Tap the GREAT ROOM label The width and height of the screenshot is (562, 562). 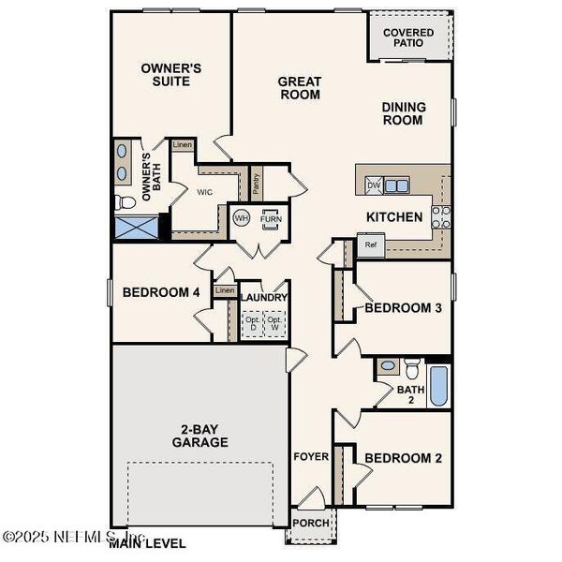[300, 88]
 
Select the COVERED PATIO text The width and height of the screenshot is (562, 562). [408, 37]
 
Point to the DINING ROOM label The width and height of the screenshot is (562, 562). [404, 113]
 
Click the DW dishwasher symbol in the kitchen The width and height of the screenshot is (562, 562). [374, 185]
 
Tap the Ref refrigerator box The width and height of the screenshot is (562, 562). [371, 246]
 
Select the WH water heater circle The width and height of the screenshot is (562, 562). [241, 218]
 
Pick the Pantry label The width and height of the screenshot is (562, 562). [256, 182]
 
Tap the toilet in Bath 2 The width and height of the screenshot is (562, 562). [389, 366]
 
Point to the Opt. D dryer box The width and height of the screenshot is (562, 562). [252, 323]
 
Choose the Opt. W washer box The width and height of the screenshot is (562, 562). [274, 323]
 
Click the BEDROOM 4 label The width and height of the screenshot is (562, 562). [162, 292]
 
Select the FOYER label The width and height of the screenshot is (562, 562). [311, 457]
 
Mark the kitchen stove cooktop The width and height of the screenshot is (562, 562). [440, 217]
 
